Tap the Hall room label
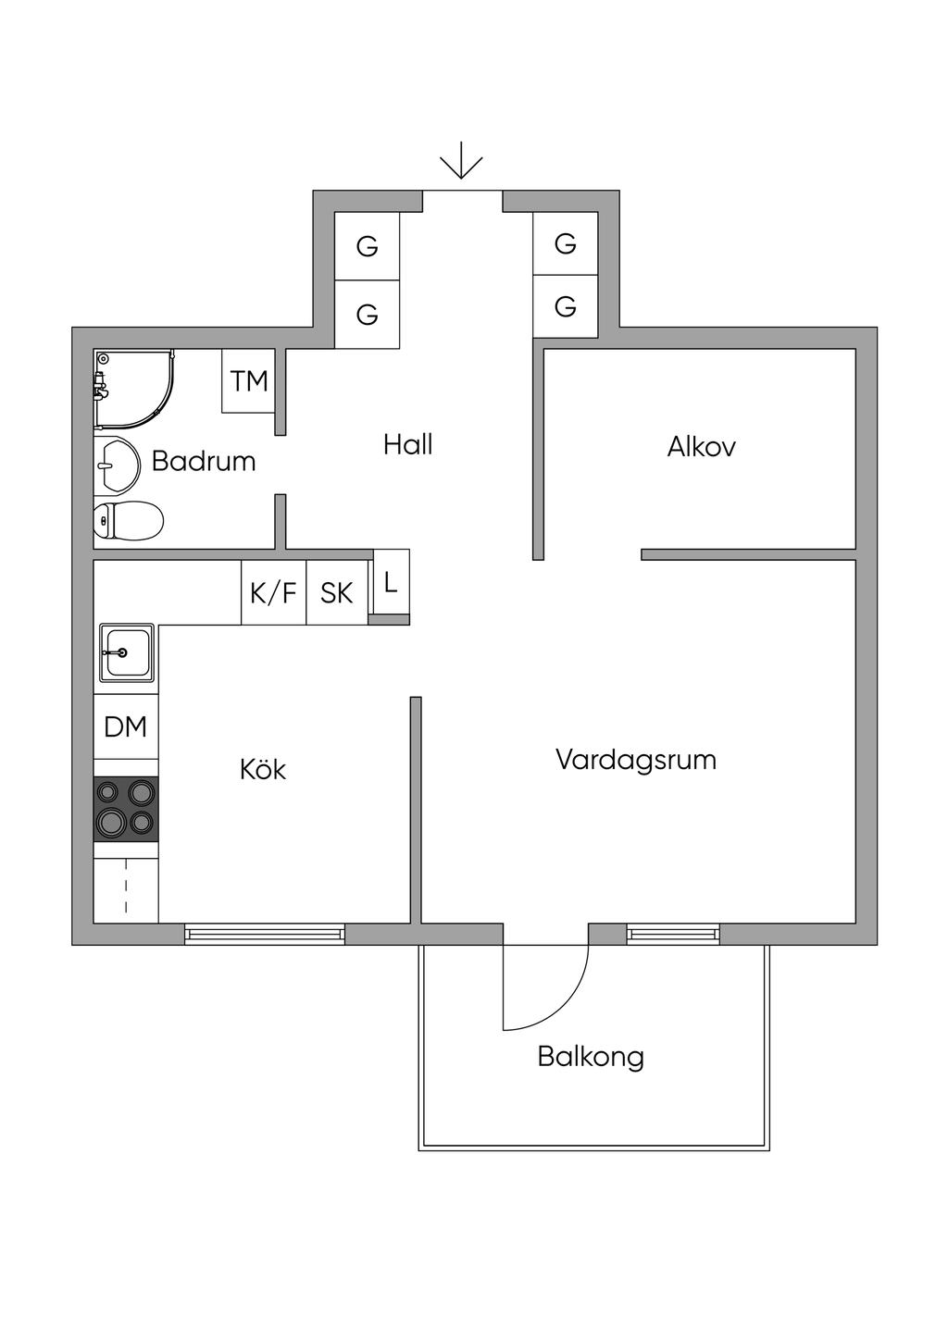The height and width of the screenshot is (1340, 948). (408, 445)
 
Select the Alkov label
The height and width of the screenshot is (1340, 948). (701, 448)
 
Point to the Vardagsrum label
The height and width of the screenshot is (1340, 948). (636, 761)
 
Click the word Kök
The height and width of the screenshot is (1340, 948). (263, 770)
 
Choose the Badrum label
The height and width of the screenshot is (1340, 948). (204, 461)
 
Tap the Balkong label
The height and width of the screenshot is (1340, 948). (591, 1057)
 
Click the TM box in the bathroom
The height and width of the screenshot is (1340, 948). (249, 380)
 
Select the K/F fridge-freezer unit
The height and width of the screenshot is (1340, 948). (273, 592)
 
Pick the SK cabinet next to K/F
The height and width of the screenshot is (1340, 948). (337, 592)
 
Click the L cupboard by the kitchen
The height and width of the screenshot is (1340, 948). (391, 583)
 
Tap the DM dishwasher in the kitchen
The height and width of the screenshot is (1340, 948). (126, 727)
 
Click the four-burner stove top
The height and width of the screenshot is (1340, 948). (126, 808)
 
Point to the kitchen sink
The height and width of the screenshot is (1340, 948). (127, 653)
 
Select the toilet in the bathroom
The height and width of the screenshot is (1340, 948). (129, 520)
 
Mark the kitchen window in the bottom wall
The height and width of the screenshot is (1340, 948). (265, 934)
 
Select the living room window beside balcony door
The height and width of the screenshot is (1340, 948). (673, 934)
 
